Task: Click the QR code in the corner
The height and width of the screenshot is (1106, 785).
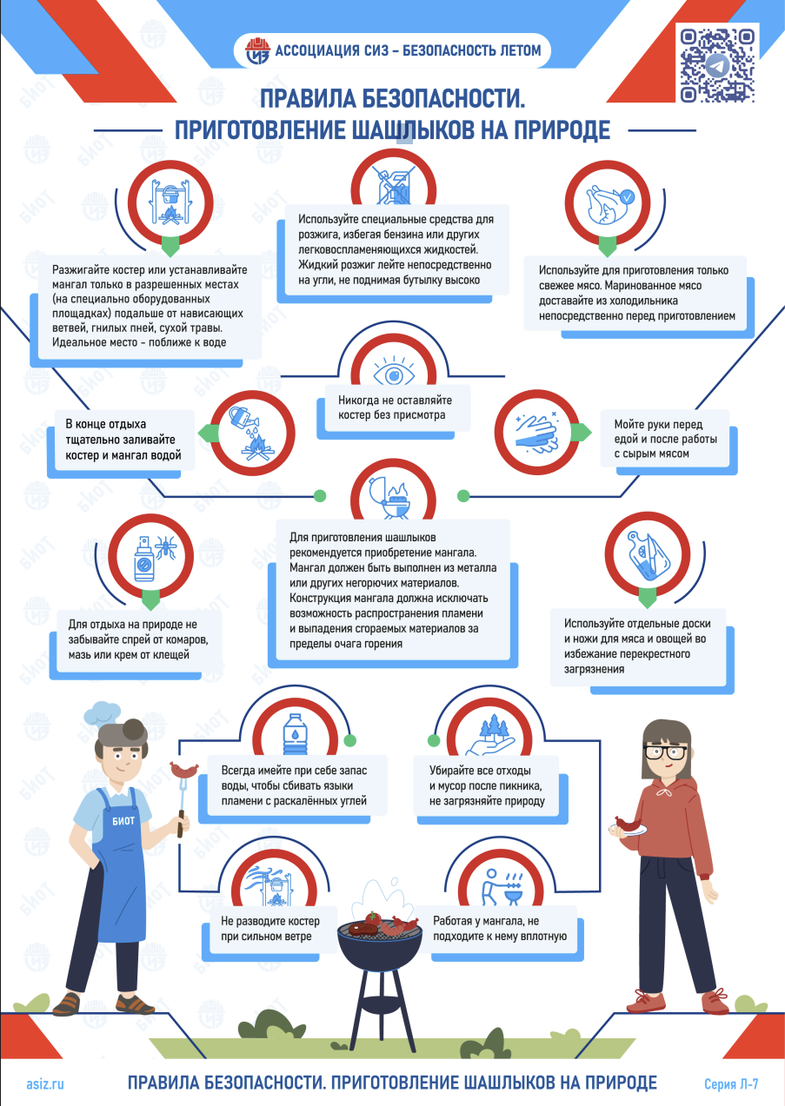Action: (x=717, y=65)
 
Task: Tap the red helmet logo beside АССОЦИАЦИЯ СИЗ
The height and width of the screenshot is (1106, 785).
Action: (x=258, y=51)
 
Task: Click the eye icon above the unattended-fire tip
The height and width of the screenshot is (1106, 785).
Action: (x=394, y=374)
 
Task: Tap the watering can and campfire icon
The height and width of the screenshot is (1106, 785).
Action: (x=252, y=433)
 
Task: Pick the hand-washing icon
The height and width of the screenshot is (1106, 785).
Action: (x=536, y=433)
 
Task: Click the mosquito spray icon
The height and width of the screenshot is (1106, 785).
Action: (x=151, y=559)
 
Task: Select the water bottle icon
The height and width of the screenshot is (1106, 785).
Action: (x=295, y=733)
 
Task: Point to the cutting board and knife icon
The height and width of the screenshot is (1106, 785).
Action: (x=647, y=556)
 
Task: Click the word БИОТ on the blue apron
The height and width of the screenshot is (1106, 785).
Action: (x=123, y=821)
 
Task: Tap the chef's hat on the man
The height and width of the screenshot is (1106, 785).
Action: (x=103, y=712)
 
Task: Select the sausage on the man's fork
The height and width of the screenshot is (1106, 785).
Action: (x=184, y=770)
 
